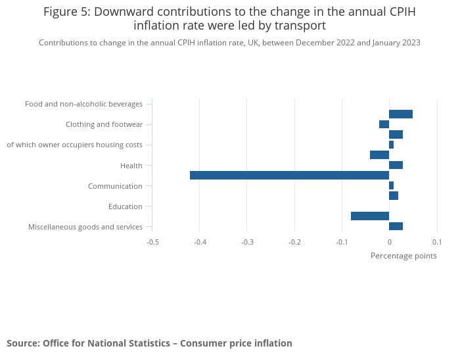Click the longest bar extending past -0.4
coord(289,176)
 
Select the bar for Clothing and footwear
coord(384,124)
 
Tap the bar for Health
coord(396,165)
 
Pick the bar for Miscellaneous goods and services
coord(396,226)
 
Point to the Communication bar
coord(391,185)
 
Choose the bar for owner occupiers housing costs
coord(391,145)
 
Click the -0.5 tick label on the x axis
coord(152,241)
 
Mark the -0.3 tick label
coord(247,241)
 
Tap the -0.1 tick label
coord(342,241)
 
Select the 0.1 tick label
coord(436,241)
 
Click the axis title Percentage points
coord(403,256)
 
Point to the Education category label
coord(126,206)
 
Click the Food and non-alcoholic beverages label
coord(83,104)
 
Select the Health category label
coord(131,165)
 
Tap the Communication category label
coord(115,186)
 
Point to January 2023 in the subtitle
coord(396,43)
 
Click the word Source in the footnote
coord(22,343)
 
